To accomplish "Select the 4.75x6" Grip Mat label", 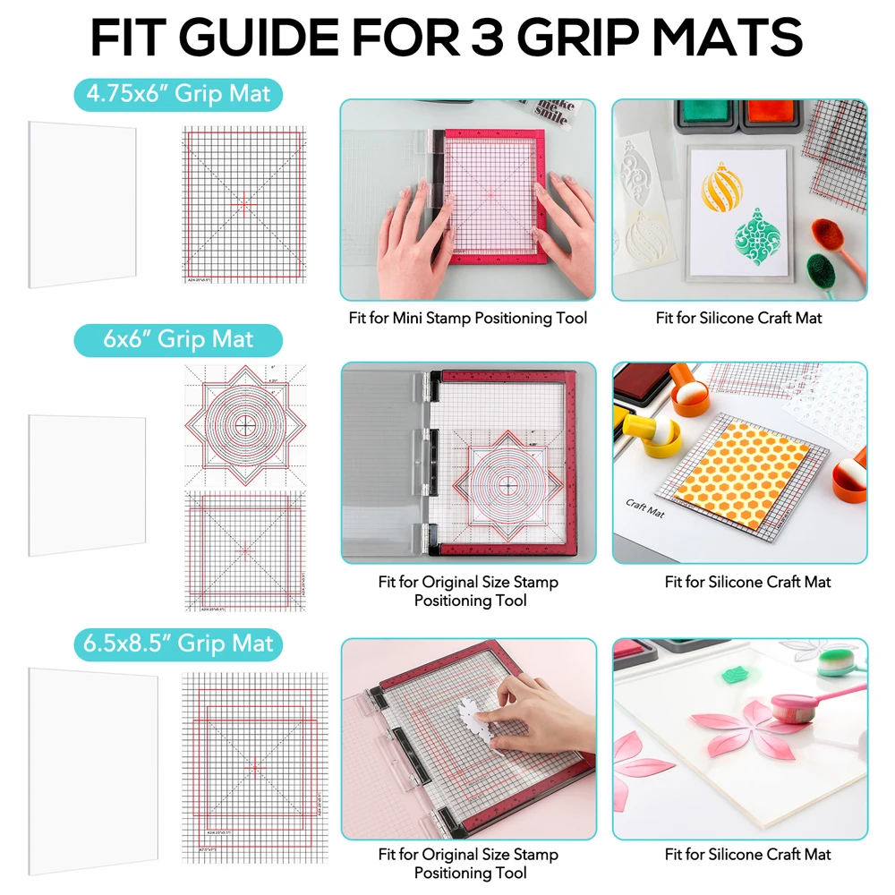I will pos(178,93).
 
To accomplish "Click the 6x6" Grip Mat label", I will pos(178,340).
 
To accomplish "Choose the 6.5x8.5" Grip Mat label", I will pos(178,644).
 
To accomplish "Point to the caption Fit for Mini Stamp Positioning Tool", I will pos(468,318).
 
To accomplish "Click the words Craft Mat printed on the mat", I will pos(645,509).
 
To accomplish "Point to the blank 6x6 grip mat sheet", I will pos(87,484).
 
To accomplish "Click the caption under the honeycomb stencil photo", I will pos(747,582).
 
